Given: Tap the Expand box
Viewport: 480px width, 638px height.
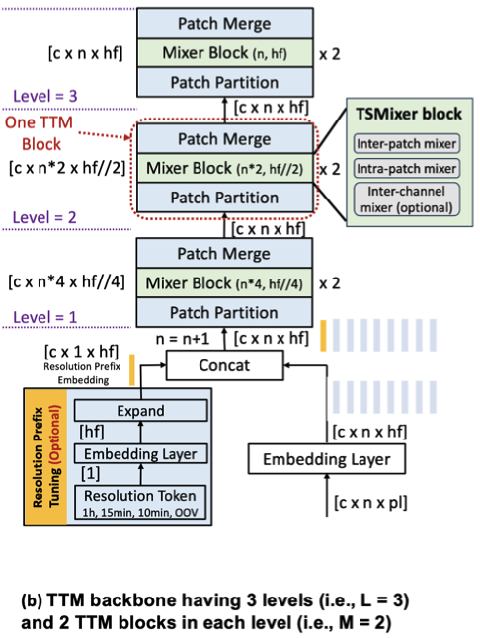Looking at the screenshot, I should click(x=145, y=409).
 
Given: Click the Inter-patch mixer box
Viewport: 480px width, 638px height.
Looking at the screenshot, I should click(x=407, y=146).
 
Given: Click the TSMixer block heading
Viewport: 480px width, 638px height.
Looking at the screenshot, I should click(x=407, y=115).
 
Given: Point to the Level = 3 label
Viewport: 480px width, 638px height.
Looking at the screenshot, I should click(x=46, y=96).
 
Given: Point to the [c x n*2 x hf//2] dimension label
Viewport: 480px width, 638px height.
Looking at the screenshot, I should click(x=67, y=169).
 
